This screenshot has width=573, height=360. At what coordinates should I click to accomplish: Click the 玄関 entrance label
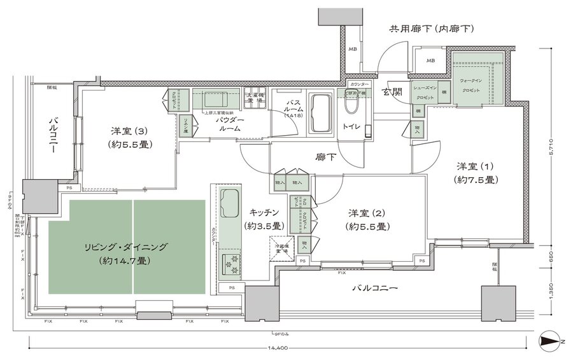pos(392,92)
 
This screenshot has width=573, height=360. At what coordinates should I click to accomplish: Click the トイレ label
pos(352,127)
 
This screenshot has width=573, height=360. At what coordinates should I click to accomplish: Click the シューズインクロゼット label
pos(424,92)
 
